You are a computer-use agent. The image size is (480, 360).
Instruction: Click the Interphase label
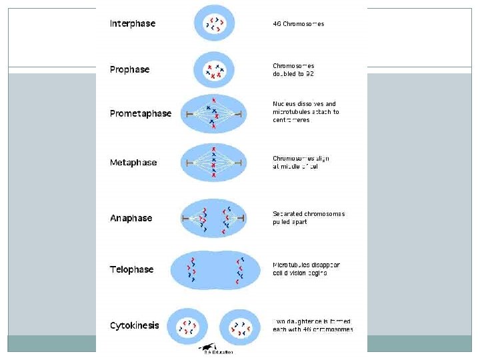(133, 23)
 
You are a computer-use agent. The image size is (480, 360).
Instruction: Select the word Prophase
(129, 69)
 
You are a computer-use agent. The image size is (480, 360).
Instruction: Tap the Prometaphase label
(141, 113)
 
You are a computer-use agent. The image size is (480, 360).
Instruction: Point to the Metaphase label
(133, 162)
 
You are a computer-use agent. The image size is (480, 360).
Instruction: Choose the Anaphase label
(131, 218)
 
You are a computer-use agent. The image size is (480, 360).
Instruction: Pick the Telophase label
(131, 269)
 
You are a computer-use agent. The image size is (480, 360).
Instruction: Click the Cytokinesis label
(135, 325)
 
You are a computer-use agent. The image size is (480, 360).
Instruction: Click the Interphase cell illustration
(213, 24)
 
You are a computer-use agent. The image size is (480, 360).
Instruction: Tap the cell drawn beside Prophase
(213, 71)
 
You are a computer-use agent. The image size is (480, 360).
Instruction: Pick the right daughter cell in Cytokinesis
(239, 327)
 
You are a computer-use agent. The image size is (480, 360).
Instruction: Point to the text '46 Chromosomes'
(299, 24)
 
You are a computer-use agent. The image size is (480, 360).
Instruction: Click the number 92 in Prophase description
(309, 74)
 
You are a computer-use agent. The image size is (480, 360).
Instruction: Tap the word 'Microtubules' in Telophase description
(291, 265)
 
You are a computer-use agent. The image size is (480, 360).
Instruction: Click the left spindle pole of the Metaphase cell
(189, 163)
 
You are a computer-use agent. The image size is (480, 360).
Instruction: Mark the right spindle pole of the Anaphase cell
(243, 218)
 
